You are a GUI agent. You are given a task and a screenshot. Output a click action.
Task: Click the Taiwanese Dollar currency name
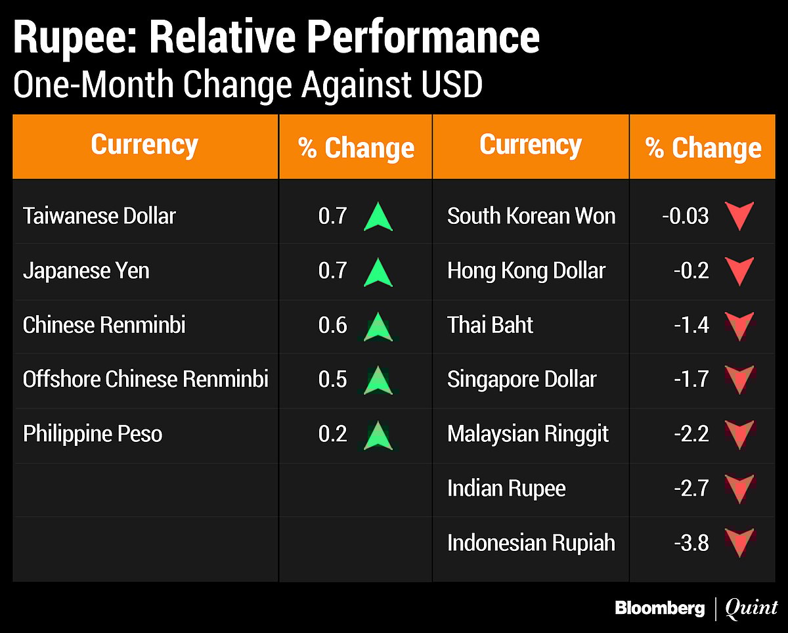(99, 216)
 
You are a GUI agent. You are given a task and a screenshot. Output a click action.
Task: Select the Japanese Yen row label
(86, 271)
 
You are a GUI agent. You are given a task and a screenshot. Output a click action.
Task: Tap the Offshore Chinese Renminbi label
(145, 379)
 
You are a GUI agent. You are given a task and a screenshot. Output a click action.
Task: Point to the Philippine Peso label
(93, 434)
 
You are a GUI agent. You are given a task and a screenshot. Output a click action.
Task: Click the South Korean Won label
(531, 216)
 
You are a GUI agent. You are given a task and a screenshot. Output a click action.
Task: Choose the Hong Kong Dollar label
(526, 271)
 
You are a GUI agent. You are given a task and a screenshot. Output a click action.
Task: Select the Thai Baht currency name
(490, 325)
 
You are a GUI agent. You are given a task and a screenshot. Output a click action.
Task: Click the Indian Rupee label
(506, 489)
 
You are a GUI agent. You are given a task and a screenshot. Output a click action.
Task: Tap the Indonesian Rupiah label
(531, 543)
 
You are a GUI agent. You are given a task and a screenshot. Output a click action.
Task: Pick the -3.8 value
(691, 543)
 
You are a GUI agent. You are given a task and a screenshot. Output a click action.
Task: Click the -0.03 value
(686, 216)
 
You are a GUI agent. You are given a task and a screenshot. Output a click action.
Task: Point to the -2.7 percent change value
(691, 489)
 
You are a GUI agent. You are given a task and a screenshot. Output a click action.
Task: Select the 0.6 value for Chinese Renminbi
(332, 325)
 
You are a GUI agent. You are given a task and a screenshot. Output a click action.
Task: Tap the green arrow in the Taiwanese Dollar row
(378, 217)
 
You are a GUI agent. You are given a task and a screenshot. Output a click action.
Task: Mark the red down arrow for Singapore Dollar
(739, 380)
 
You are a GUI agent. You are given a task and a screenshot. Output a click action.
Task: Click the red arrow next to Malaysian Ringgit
(739, 435)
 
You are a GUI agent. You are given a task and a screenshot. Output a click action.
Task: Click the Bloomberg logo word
(659, 608)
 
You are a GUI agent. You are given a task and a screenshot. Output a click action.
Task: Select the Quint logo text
(751, 608)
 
